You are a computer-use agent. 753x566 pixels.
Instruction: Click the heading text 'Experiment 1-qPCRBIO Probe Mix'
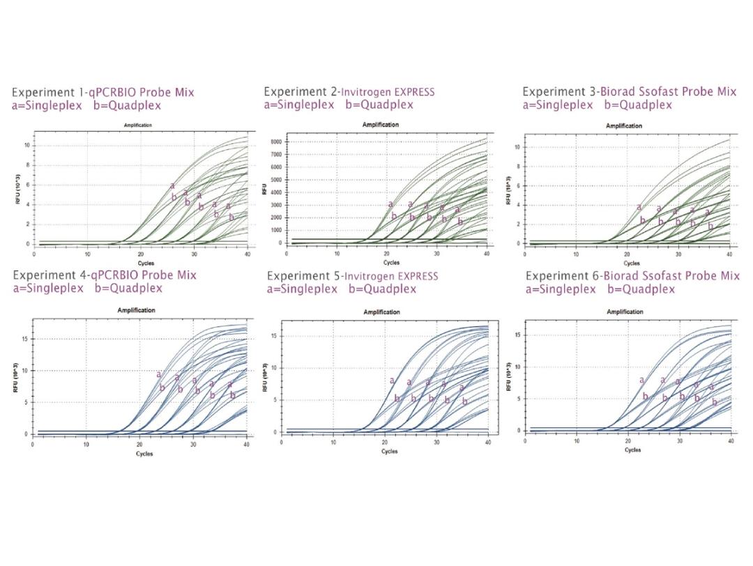(102, 92)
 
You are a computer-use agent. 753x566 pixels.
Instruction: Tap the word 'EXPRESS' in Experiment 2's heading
(411, 91)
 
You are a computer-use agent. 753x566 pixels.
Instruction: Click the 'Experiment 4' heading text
(47, 275)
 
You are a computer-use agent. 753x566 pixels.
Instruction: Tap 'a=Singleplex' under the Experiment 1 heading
(44, 105)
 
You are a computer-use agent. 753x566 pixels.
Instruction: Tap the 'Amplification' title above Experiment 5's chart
(381, 312)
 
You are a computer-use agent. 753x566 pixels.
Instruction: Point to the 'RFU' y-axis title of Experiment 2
(264, 190)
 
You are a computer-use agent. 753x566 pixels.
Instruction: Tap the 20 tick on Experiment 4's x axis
(139, 444)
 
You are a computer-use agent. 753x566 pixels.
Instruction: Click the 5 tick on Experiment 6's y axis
(518, 399)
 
